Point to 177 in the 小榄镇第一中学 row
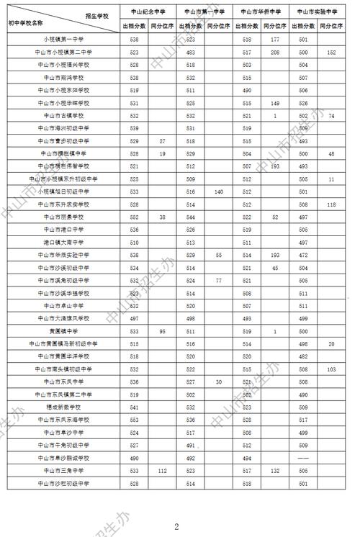tap(275, 40)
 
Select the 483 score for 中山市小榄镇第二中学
tap(190, 53)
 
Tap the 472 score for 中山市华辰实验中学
tap(303, 254)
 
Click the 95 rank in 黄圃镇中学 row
tap(163, 330)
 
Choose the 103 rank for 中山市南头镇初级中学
tap(331, 369)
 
